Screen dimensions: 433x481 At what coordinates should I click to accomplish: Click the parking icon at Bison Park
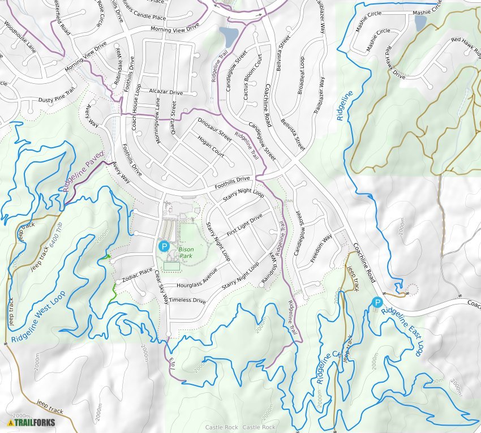click(164, 246)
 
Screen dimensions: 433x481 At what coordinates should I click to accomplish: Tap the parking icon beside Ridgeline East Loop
click(377, 303)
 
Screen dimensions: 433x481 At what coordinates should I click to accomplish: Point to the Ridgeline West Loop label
click(38, 317)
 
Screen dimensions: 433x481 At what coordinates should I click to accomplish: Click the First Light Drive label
click(244, 225)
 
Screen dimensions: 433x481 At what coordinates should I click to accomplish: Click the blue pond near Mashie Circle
click(420, 23)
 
